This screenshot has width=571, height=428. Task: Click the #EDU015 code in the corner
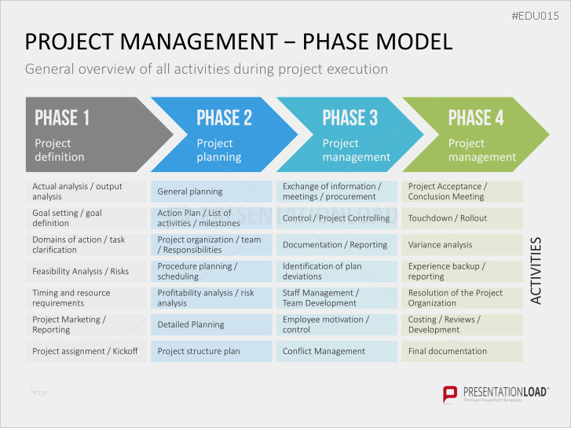[535, 16]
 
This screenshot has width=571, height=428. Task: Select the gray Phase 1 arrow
[99, 134]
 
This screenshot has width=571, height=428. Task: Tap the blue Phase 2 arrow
[225, 134]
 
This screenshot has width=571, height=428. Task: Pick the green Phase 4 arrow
[476, 134]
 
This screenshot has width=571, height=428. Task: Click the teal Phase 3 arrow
[350, 134]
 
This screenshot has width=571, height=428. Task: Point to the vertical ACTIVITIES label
[536, 271]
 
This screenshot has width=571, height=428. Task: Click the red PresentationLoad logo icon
[450, 394]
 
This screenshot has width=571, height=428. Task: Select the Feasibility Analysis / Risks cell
[86, 272]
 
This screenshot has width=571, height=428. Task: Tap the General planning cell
[211, 192]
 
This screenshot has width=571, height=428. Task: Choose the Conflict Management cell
[337, 351]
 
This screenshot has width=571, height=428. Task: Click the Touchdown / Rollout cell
[462, 218]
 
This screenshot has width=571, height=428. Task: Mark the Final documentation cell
[462, 351]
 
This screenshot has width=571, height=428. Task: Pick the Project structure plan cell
[211, 351]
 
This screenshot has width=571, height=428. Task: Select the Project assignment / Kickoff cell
[86, 351]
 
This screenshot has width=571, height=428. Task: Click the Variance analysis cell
[462, 245]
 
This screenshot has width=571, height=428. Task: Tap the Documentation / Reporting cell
[337, 245]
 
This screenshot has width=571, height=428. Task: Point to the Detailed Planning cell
[211, 324]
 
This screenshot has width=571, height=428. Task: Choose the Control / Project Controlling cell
[337, 218]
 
